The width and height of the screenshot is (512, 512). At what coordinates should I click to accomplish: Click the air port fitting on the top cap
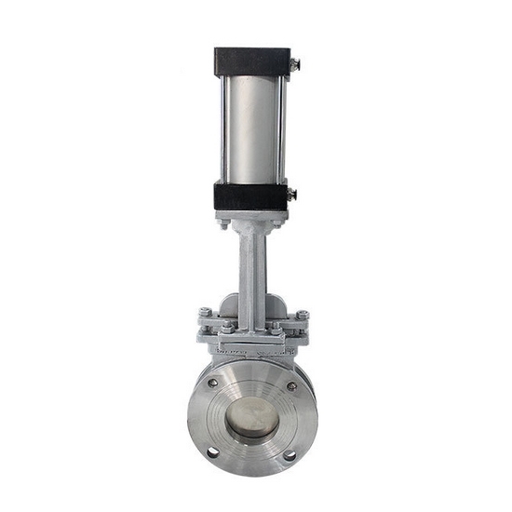[x=294, y=64]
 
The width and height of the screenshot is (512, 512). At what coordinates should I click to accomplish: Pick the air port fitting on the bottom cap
[x=291, y=194]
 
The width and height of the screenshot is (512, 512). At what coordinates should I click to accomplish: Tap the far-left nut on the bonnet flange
[x=205, y=313]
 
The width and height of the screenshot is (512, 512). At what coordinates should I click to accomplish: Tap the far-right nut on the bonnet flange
[x=302, y=315]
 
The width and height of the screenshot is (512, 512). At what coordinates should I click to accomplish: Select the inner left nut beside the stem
[x=227, y=327]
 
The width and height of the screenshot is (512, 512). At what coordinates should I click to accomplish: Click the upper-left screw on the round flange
[x=213, y=383]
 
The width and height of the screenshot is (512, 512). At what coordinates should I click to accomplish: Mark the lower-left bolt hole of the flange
[x=213, y=452]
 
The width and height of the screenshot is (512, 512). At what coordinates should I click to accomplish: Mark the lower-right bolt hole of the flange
[x=290, y=455]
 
